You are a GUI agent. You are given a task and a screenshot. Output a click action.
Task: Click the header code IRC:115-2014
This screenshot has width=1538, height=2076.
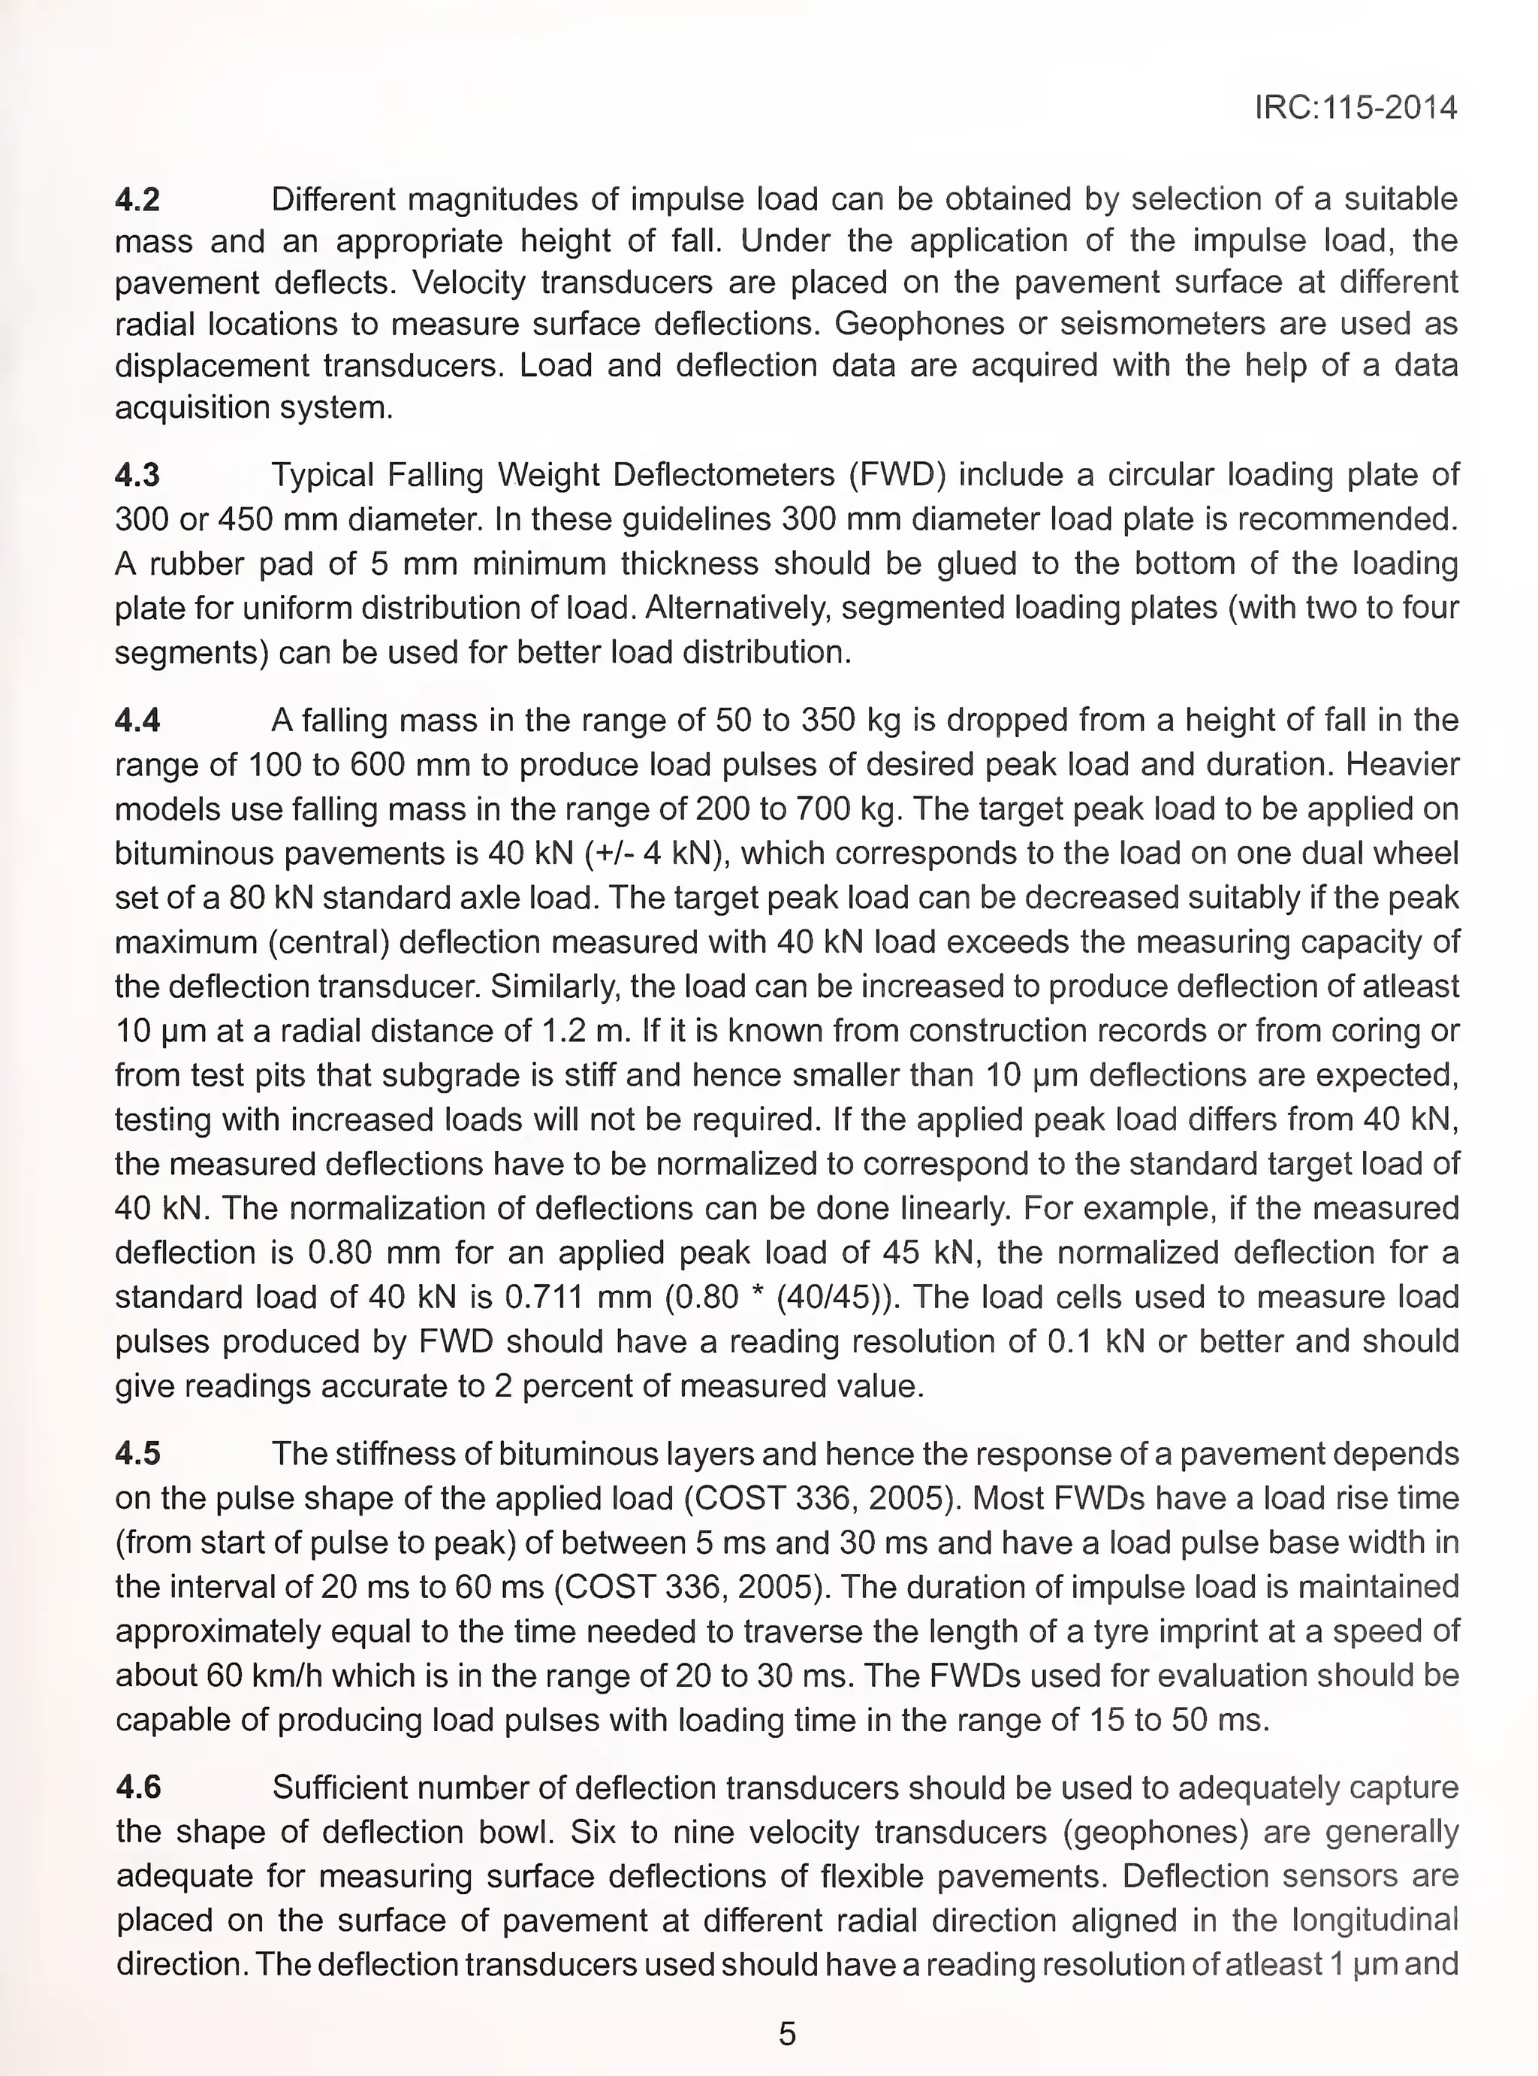[1355, 108]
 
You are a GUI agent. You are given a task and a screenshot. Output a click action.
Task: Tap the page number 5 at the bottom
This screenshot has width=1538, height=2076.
[787, 2033]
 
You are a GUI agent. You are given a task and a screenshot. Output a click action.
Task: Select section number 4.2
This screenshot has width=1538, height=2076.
[137, 199]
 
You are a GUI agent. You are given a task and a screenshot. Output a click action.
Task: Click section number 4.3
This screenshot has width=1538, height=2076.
[137, 475]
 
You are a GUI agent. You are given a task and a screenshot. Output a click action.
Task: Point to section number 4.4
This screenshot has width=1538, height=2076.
[137, 720]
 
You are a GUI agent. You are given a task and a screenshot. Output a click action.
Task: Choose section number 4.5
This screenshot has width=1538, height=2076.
[137, 1454]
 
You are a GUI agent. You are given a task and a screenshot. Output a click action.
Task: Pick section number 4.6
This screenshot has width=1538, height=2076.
[137, 1787]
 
